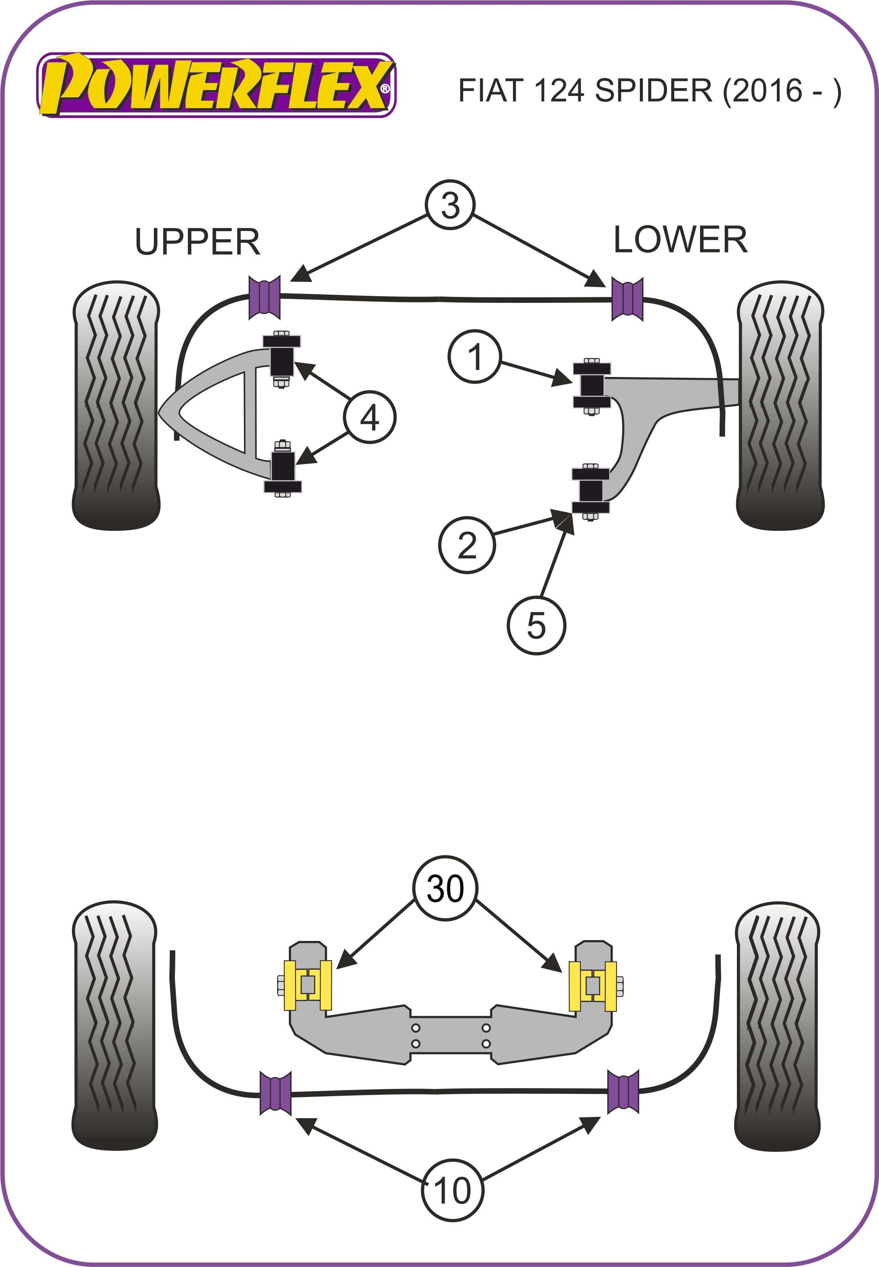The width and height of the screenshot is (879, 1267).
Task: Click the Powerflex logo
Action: click(216, 85)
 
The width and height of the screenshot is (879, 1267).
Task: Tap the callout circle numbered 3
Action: click(450, 205)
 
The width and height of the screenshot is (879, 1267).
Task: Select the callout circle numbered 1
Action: click(475, 357)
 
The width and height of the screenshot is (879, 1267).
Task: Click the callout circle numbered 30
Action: click(445, 888)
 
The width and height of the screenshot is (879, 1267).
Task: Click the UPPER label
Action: click(197, 242)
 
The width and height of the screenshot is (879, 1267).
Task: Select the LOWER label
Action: click(680, 240)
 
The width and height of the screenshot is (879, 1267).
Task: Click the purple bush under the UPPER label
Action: click(265, 297)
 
